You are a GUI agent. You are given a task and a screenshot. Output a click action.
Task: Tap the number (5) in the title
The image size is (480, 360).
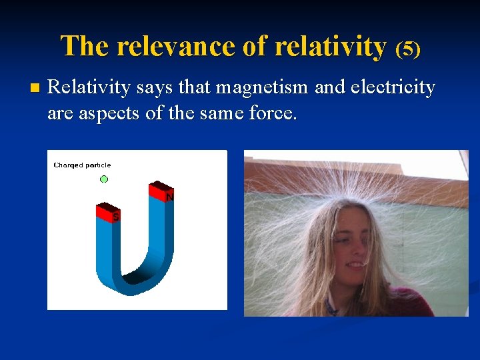pos(408,49)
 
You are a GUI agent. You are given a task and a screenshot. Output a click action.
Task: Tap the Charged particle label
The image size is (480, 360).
pos(82,165)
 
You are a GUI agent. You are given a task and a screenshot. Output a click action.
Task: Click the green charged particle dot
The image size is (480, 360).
pos(104,179)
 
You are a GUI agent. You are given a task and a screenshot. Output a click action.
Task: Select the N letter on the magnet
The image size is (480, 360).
pos(169,198)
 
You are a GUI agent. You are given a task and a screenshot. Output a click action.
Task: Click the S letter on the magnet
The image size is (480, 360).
pos(115,217)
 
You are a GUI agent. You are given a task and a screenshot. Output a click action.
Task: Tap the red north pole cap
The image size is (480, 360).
pos(160,191)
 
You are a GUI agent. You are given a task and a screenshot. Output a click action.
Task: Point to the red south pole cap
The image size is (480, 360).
pos(107,212)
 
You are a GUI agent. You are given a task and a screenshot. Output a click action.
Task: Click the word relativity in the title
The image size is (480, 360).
pos(330,47)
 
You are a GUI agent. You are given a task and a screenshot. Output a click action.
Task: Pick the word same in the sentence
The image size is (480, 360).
pos(221,113)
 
